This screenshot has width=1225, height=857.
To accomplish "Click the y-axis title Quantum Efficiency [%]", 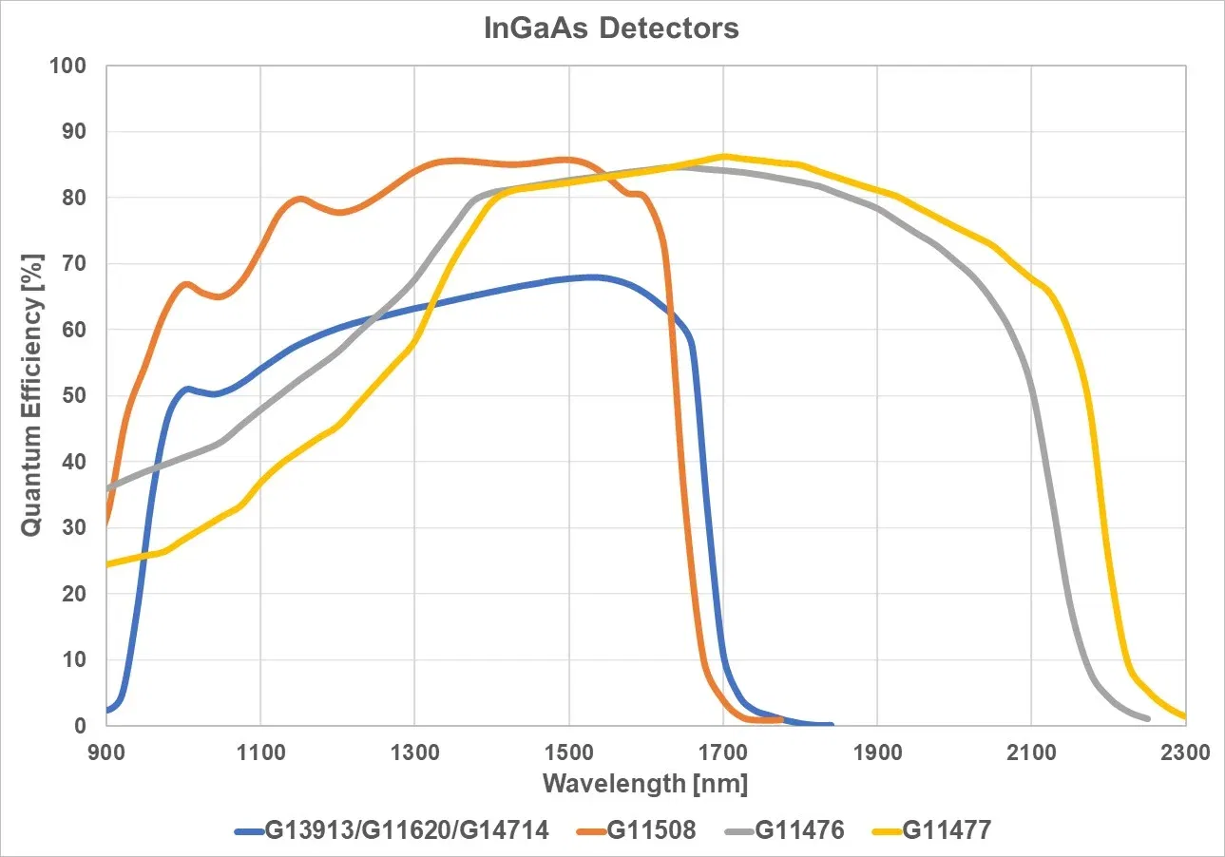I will [x=31, y=393].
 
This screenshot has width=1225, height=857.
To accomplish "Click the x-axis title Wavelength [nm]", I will [x=645, y=785].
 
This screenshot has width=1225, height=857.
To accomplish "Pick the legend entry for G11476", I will [x=799, y=830].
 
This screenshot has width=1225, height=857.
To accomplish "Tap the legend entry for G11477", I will [x=947, y=830].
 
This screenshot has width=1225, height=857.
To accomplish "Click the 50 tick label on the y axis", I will [x=75, y=396].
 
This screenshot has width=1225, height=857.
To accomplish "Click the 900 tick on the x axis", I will [x=106, y=752].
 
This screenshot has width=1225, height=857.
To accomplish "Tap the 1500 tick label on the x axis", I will [x=568, y=752].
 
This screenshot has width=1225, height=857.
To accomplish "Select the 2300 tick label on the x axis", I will [x=1185, y=752].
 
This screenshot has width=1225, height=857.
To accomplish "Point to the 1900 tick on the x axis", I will [x=876, y=752].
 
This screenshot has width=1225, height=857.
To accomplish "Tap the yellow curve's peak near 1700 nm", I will [x=724, y=156].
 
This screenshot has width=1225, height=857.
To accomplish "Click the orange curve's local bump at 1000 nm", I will [x=185, y=284].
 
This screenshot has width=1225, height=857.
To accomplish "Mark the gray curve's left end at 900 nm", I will [x=107, y=488].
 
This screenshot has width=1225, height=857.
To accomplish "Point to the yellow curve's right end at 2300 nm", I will [x=1184, y=716].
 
